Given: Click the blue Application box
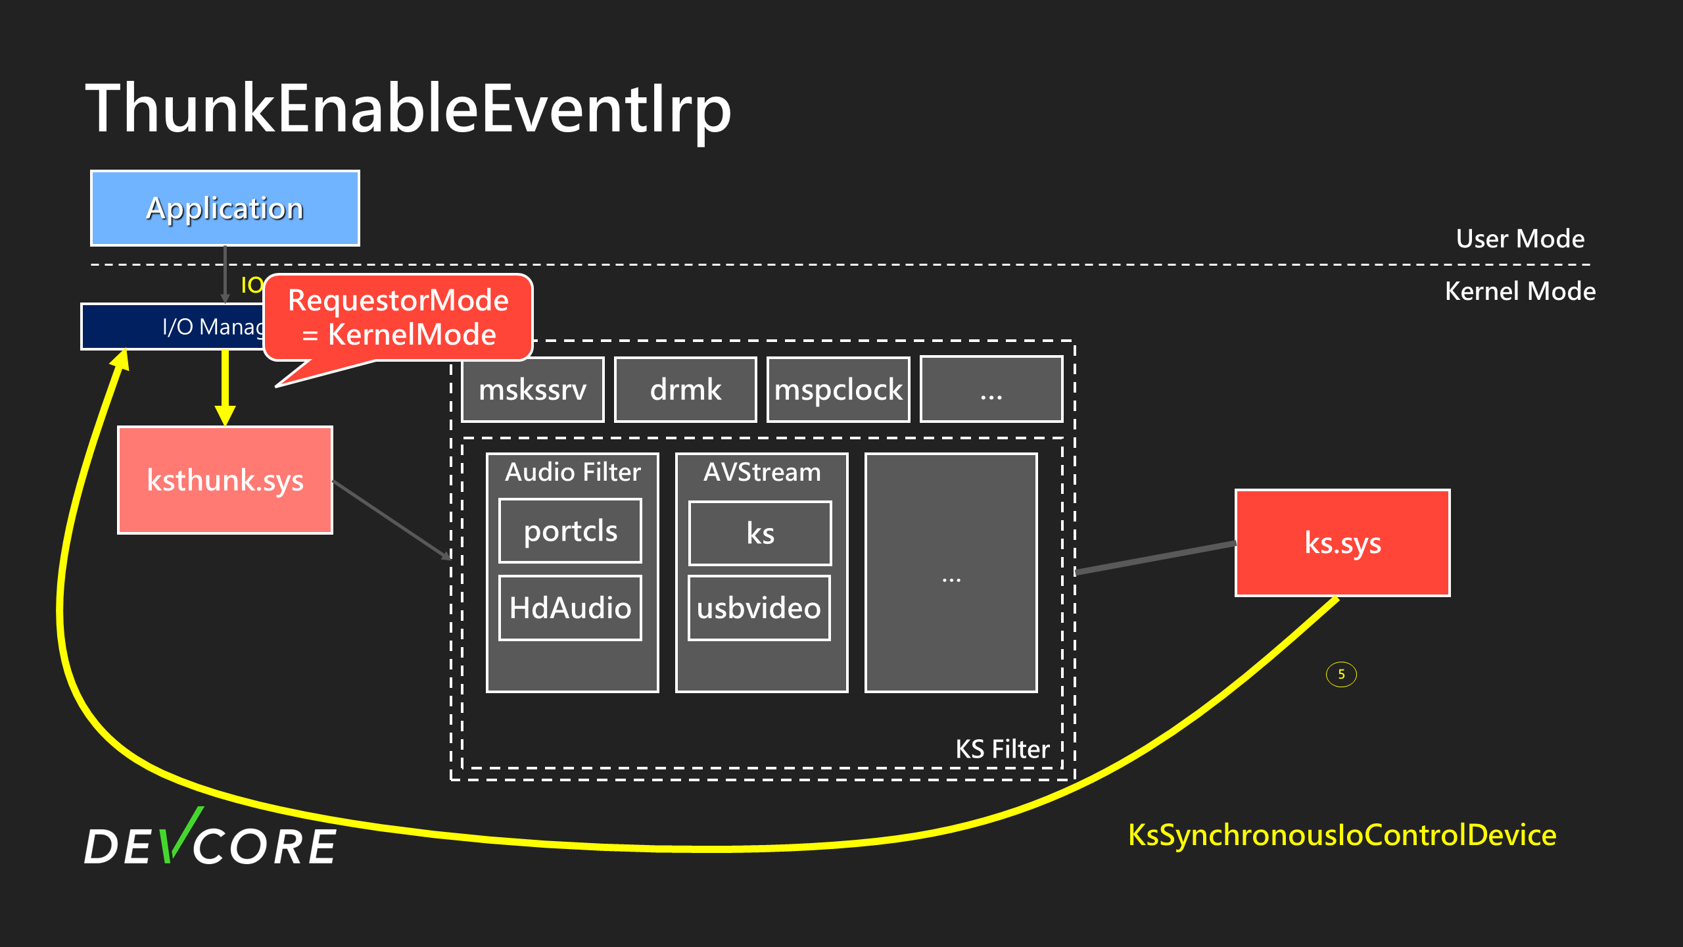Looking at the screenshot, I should tap(225, 208).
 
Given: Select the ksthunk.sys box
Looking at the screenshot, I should tap(225, 480).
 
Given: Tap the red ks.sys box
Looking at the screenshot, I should tap(1342, 543).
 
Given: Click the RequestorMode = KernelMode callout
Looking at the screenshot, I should tap(398, 318).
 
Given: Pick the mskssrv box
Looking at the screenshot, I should tap(533, 389).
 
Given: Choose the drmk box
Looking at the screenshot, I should tap(685, 389).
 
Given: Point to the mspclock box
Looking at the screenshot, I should tap(838, 389).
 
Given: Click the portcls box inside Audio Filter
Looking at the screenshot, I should tap(571, 531).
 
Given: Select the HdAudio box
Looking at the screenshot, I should tap(571, 608).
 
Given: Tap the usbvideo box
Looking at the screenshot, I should tap(759, 608).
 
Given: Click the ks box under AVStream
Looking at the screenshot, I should tap(760, 533).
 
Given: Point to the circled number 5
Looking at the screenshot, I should tap(1341, 674).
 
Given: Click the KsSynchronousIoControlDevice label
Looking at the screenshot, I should tap(1342, 835).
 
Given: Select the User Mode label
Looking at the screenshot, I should tap(1520, 239).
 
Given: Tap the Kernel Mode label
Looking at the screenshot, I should tap(1520, 291).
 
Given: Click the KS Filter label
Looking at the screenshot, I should tap(1003, 749).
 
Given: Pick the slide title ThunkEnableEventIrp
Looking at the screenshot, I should tap(408, 109).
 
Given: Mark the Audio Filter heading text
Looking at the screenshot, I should tap(573, 472).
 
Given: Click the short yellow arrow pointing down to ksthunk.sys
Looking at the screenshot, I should tap(225, 388).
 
